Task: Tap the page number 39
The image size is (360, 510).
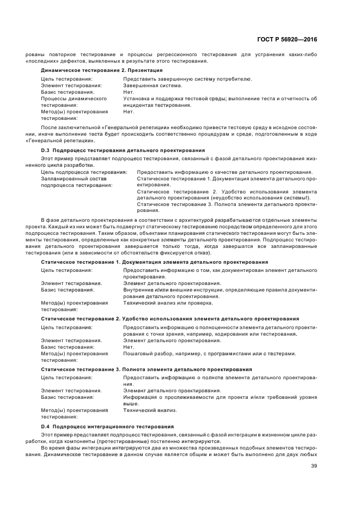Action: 314,466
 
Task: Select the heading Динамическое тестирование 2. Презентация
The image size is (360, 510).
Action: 102,70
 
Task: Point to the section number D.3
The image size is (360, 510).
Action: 45,150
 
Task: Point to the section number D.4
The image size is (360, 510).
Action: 45,426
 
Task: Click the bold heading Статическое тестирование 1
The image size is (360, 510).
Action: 81,262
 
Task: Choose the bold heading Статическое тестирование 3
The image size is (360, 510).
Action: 81,369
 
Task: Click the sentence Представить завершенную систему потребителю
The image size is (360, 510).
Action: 187,79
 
